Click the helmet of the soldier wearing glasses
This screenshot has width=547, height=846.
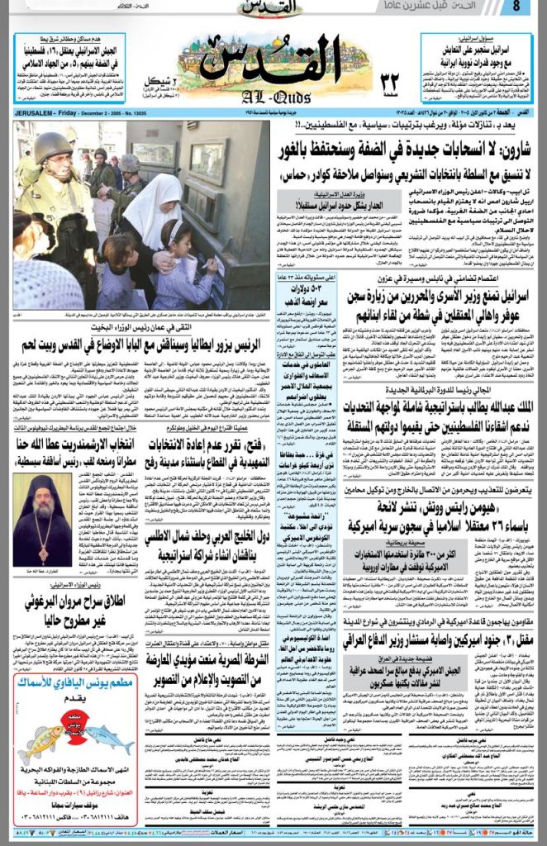(51, 147)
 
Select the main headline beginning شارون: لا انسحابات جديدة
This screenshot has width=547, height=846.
(405, 152)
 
